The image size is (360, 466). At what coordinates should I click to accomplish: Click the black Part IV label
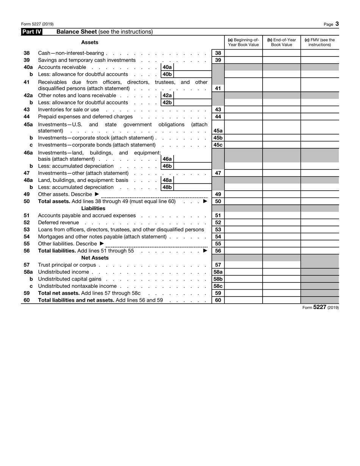(x=31, y=32)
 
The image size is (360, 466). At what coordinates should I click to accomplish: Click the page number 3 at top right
(x=337, y=24)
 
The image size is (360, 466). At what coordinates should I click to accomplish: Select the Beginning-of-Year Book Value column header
(x=243, y=42)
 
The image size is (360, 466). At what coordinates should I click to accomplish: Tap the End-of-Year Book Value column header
(x=282, y=42)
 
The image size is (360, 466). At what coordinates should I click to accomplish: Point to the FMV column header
(x=319, y=42)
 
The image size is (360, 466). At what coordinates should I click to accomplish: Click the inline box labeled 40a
(x=167, y=67)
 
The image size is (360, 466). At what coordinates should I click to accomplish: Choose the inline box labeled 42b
(x=167, y=102)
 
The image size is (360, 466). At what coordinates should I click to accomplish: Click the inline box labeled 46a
(x=167, y=159)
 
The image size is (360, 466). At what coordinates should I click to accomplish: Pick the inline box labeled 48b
(x=167, y=187)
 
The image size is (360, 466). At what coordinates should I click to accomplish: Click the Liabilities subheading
(x=93, y=209)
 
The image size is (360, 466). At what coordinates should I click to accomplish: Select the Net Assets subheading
(x=95, y=258)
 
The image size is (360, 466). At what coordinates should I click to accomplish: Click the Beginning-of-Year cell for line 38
(x=243, y=53)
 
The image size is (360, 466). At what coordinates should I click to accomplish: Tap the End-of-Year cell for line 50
(x=282, y=201)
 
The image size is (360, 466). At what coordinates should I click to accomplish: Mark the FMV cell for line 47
(x=319, y=173)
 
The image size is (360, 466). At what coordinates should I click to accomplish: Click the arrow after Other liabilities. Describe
(x=102, y=243)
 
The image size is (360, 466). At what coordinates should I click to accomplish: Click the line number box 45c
(x=218, y=145)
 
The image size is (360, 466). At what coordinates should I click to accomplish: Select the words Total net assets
(x=56, y=293)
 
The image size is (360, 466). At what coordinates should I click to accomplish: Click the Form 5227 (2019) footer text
(x=320, y=308)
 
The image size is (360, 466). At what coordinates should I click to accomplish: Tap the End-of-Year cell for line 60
(x=282, y=300)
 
